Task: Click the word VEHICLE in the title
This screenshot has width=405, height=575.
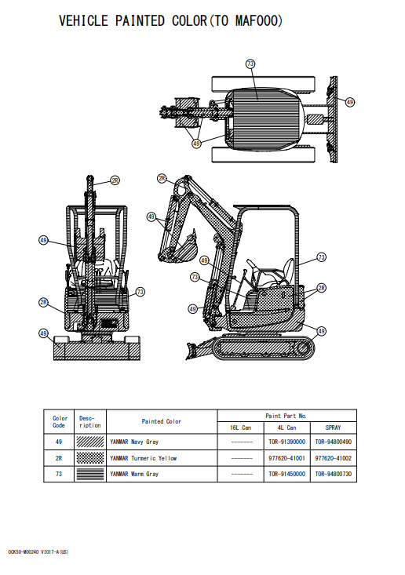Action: pos(83,21)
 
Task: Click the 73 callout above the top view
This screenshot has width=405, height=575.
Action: pos(250,64)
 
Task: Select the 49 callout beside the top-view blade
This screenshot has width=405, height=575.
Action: pos(349,102)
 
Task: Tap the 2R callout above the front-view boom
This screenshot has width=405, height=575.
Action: pos(115,180)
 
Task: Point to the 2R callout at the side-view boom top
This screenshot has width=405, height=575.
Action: pos(162,179)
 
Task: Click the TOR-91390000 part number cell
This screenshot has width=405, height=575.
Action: pos(287,442)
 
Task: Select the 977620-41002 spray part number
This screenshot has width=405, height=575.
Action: pos(333,458)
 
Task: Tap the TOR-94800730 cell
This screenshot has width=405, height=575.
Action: pos(333,474)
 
